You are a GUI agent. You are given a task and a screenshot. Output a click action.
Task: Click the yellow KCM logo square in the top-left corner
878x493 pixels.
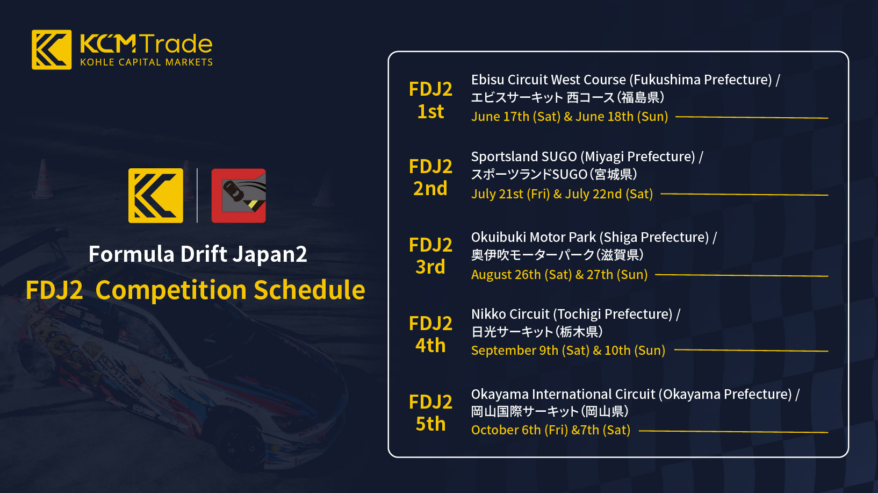[x=52, y=50]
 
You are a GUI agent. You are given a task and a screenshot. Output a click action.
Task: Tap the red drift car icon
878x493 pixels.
[x=239, y=196]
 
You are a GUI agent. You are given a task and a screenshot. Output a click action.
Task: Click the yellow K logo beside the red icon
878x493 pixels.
[x=156, y=196]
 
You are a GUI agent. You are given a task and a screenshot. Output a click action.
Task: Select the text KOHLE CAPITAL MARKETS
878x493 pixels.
[x=146, y=62]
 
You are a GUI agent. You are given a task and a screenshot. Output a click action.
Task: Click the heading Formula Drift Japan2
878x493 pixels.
[x=198, y=254]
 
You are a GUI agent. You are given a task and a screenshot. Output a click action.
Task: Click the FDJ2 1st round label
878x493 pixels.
[x=430, y=101]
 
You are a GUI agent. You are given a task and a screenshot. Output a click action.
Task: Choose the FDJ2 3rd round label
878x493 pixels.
[x=430, y=256]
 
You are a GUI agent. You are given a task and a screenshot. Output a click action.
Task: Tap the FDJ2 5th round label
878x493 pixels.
[x=430, y=412]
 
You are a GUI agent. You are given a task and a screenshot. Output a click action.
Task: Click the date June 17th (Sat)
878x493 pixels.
[x=516, y=117]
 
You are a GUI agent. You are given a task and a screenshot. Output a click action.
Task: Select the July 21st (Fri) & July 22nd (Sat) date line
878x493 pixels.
[x=562, y=194]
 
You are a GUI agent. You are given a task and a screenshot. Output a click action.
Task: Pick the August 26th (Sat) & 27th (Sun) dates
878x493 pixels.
[x=559, y=275]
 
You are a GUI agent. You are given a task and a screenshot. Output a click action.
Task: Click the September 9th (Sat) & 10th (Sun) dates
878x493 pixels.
[x=568, y=350]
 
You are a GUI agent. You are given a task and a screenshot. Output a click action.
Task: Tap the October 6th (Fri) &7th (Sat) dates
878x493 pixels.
[x=551, y=430]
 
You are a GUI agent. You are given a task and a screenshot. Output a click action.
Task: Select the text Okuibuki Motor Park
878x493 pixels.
[x=534, y=237]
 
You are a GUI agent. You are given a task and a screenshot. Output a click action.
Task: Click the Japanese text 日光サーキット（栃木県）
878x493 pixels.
[x=537, y=332]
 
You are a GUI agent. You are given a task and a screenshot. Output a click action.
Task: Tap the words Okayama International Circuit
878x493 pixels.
[x=563, y=394]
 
